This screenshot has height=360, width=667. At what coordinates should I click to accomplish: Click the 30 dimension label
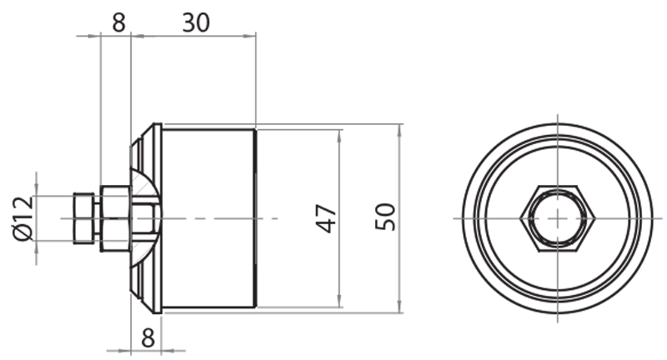click(x=196, y=22)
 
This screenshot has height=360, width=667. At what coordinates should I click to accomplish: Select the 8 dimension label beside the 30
click(x=118, y=22)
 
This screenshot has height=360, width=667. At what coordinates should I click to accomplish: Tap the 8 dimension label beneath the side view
click(x=147, y=337)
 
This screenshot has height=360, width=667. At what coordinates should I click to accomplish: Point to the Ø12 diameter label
click(x=23, y=217)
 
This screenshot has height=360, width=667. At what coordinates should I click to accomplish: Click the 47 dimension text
click(x=328, y=218)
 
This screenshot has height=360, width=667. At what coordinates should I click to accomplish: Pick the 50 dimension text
click(x=384, y=218)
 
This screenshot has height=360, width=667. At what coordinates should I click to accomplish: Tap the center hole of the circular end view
click(x=557, y=218)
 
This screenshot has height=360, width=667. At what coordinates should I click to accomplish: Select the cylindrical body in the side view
click(x=208, y=218)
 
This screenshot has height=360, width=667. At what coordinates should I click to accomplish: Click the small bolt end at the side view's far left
click(x=83, y=218)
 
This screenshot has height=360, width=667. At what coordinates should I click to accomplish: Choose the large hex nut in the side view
click(x=114, y=218)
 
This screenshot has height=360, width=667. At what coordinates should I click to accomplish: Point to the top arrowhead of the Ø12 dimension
click(x=37, y=191)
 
